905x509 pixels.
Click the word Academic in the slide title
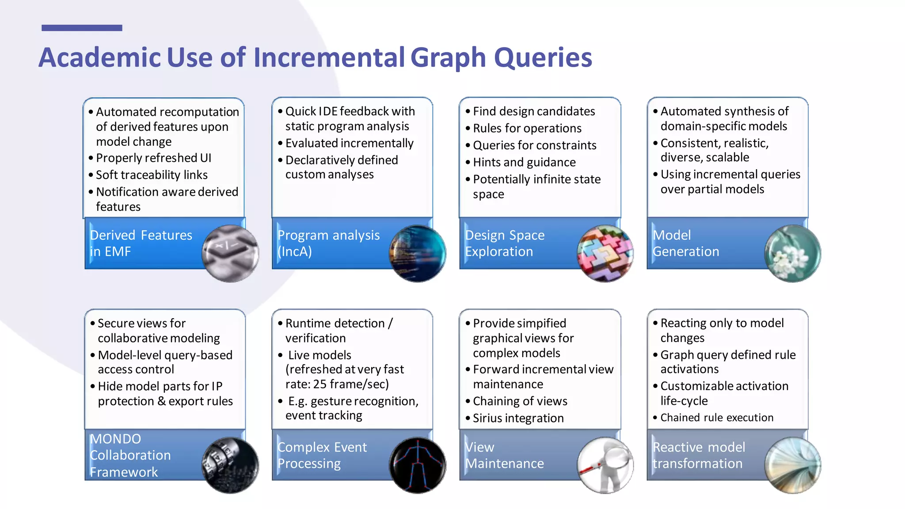point(99,58)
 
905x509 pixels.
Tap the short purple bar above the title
point(82,28)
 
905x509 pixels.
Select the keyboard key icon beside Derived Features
point(230,253)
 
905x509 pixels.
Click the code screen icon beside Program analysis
point(418,253)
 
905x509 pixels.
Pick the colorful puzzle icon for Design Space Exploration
point(605,253)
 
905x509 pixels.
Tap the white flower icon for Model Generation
point(793,253)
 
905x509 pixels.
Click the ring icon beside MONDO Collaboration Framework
point(230,465)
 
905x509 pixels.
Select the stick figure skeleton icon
point(418,465)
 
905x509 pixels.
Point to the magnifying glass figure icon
point(605,465)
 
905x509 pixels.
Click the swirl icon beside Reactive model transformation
point(793,465)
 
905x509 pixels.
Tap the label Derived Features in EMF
point(141,243)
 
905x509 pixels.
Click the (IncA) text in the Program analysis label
point(295,251)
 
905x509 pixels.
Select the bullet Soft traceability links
point(152,175)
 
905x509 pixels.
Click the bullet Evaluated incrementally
point(349,143)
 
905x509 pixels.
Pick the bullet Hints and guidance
point(524,162)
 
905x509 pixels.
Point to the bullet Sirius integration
point(518,418)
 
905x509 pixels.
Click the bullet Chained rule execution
point(717,418)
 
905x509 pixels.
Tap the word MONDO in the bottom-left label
point(116,439)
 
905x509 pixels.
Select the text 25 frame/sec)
point(351,384)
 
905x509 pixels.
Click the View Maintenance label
point(504,455)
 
